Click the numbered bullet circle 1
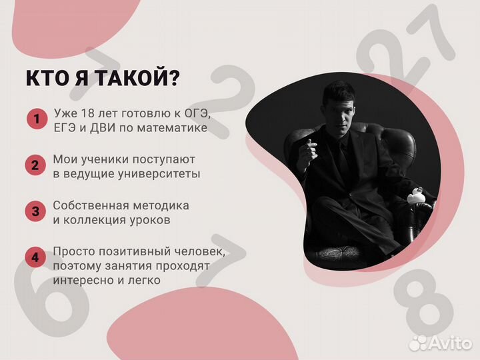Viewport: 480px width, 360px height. click(x=36, y=120)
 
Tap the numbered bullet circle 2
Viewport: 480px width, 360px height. click(x=36, y=165)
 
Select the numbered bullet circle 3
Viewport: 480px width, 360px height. click(x=36, y=211)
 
